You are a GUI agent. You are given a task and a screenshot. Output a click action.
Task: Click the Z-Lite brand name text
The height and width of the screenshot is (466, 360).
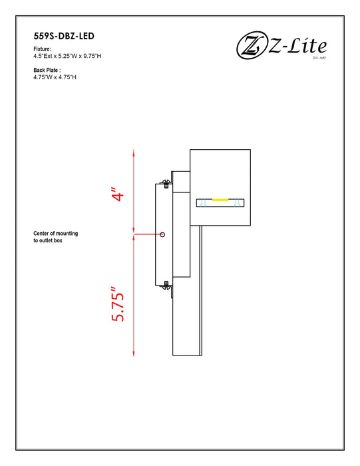297,47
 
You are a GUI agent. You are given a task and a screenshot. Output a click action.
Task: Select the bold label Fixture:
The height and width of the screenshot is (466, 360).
43,50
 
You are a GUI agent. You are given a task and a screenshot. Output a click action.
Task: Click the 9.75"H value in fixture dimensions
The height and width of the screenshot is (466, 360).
90,57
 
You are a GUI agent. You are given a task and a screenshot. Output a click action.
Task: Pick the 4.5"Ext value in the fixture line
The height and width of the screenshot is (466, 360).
43,57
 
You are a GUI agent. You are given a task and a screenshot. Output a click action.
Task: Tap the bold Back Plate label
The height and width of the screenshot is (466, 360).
47,70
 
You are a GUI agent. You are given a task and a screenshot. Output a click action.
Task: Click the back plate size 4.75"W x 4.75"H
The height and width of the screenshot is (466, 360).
55,77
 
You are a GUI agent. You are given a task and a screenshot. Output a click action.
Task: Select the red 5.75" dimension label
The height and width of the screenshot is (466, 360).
118,306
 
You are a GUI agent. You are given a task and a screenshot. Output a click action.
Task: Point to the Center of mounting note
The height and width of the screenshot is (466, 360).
56,234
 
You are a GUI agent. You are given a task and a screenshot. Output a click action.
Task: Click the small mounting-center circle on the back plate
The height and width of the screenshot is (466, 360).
163,234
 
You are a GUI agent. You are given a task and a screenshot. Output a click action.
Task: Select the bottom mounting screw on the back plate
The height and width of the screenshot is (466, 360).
165,285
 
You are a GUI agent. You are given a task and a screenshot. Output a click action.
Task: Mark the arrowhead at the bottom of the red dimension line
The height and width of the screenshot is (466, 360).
134,351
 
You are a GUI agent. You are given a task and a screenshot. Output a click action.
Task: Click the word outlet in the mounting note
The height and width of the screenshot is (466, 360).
49,240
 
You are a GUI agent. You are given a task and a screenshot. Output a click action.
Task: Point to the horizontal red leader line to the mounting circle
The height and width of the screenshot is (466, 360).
148,234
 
